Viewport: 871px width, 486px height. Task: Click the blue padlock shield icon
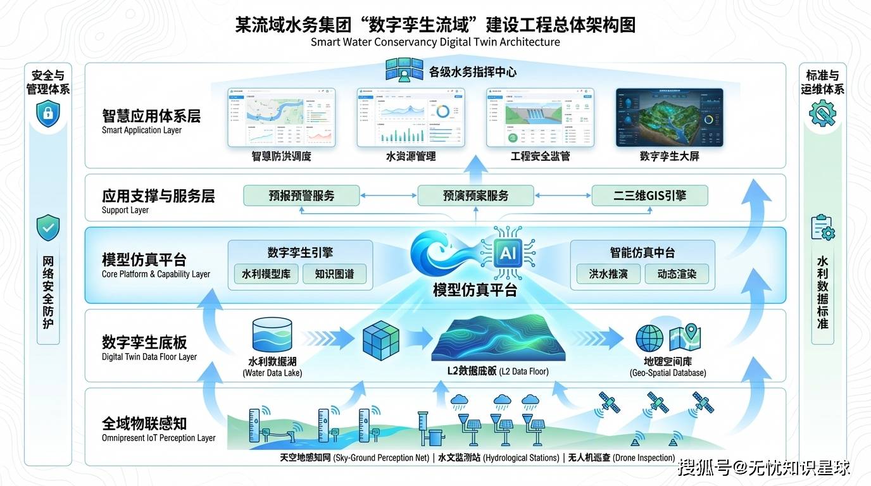(48, 114)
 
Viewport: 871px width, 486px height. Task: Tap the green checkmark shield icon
(48, 227)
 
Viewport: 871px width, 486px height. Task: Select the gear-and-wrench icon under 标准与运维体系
(822, 114)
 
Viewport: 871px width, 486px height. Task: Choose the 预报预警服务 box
(301, 196)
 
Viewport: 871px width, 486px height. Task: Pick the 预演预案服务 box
(475, 196)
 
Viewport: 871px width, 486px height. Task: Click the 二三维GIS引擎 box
(649, 196)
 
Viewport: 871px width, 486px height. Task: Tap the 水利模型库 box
(266, 275)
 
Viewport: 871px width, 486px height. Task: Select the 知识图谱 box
(334, 275)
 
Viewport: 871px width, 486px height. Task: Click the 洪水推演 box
(608, 275)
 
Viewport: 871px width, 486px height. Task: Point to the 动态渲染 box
(677, 275)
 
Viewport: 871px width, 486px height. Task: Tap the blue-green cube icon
(381, 340)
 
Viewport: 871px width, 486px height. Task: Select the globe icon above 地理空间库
(649, 339)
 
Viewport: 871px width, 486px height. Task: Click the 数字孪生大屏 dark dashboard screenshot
(669, 118)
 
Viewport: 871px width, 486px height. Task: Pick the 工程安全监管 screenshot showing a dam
(540, 118)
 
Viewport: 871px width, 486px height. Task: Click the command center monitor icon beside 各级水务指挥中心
(404, 70)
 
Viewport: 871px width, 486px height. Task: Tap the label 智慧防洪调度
(282, 156)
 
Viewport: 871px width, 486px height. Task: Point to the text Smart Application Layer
(142, 130)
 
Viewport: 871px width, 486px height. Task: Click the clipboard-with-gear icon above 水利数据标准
(822, 227)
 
